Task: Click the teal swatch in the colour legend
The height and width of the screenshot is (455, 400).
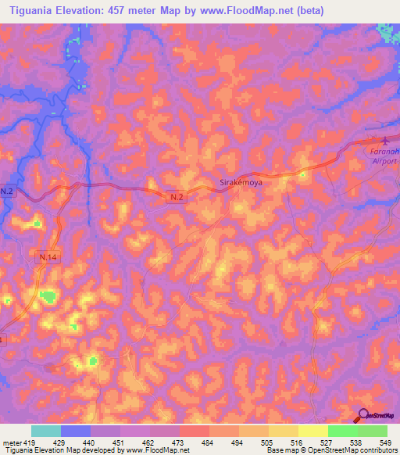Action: pos(46,431)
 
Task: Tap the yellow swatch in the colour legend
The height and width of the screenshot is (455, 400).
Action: pos(313,431)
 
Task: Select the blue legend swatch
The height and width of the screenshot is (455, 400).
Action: pos(76,431)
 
